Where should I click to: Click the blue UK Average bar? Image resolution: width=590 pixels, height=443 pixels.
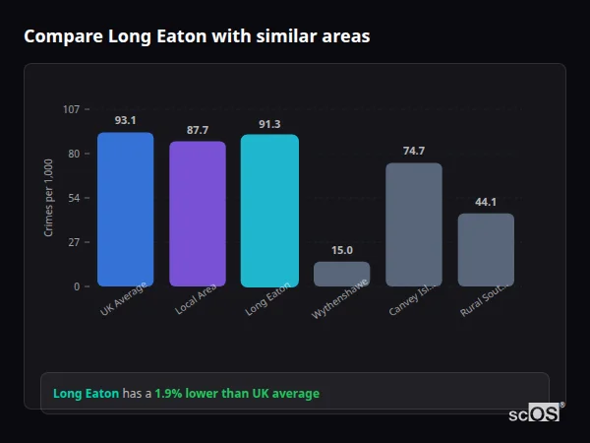tap(125, 209)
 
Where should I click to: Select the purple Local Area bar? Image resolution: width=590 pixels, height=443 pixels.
tap(198, 214)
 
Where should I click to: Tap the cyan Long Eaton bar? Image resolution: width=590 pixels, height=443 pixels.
tap(269, 210)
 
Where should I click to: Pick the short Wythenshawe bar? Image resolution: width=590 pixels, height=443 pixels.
tap(341, 274)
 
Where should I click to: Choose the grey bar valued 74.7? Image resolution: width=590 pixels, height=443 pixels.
tap(413, 224)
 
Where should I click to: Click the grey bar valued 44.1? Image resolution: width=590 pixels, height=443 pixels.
tap(486, 249)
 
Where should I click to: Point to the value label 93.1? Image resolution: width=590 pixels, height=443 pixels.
tap(125, 120)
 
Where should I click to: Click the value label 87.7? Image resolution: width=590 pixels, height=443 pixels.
tap(198, 130)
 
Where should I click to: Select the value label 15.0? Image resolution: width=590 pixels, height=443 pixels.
tap(341, 250)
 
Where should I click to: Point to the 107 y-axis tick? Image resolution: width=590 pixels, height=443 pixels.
tap(71, 109)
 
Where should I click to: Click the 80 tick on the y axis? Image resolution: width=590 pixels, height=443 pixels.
tap(73, 154)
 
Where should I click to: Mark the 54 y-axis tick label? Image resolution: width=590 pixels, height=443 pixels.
tap(73, 198)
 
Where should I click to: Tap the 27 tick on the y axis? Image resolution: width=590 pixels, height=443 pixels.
tap(73, 242)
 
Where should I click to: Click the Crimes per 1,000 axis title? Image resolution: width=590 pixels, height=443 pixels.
tap(49, 197)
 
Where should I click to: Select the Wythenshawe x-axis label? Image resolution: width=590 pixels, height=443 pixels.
tap(340, 303)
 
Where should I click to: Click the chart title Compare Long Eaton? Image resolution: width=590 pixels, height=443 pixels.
tap(197, 36)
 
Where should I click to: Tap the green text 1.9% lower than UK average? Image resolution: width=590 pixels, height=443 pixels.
tap(237, 394)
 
